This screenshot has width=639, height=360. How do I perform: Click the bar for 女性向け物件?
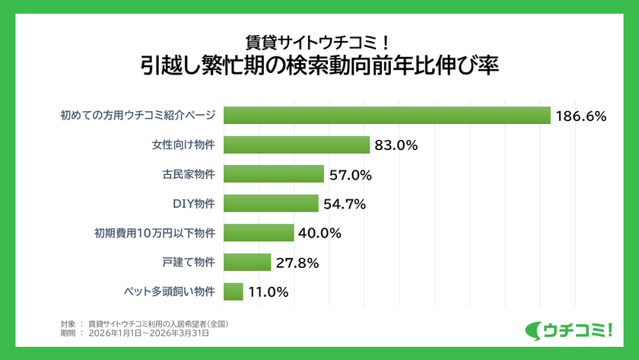[297, 145]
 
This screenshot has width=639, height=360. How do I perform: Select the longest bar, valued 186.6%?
[387, 116]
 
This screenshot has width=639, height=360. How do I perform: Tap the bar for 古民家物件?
[274, 174]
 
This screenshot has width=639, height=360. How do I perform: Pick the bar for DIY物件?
[271, 203]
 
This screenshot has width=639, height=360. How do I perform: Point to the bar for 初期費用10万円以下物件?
[259, 233]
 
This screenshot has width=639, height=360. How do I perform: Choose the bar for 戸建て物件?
[247, 263]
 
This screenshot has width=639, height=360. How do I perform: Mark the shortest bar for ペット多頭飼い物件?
[234, 292]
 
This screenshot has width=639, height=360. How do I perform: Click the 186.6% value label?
[580, 116]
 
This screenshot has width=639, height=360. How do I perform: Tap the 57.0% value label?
[351, 175]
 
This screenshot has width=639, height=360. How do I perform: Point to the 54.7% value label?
[345, 204]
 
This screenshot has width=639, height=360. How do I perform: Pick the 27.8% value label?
[297, 263]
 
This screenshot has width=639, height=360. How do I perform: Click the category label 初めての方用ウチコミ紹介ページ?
[138, 116]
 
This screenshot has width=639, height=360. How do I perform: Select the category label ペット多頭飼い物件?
[169, 292]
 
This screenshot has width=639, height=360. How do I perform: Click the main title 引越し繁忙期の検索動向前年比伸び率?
[319, 65]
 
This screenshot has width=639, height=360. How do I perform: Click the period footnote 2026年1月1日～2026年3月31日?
[148, 333]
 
